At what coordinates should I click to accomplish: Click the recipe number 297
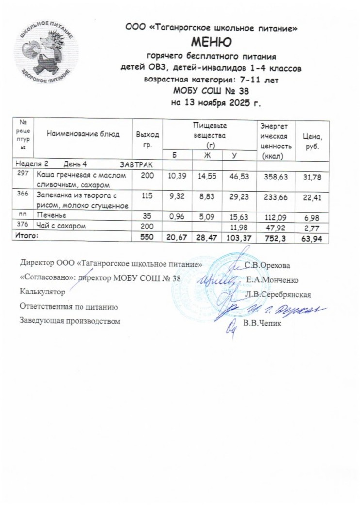click(22, 174)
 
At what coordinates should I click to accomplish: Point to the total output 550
click(147, 237)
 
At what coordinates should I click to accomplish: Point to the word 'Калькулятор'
click(42, 293)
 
